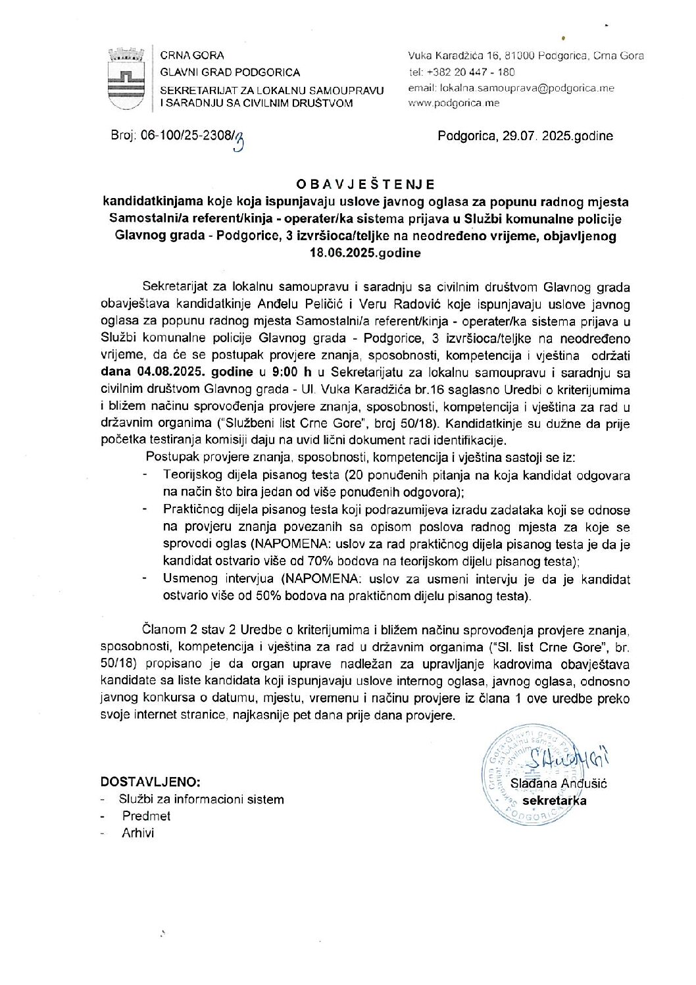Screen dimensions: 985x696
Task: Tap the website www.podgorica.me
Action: coord(454,103)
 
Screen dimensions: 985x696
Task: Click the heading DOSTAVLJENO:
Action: coord(151,782)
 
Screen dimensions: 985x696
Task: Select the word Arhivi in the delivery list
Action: coord(137,833)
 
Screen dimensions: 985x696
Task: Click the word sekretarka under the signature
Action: coord(554,801)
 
